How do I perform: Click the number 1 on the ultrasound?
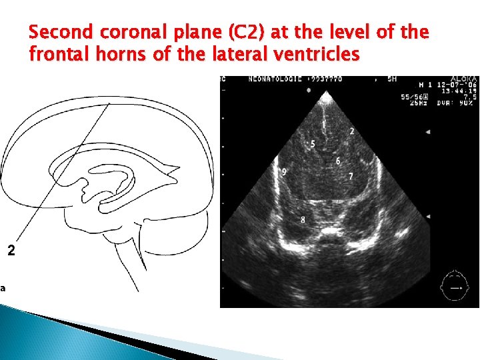click(x=324, y=125)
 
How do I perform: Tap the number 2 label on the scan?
click(x=352, y=131)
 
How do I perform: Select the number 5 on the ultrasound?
click(x=313, y=144)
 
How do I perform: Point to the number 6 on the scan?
click(x=338, y=161)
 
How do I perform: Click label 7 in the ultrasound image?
click(x=351, y=176)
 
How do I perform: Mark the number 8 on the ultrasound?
click(x=303, y=219)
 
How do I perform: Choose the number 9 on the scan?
click(x=284, y=172)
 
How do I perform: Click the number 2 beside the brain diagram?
click(x=10, y=251)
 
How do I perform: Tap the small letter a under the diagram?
click(x=3, y=288)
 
